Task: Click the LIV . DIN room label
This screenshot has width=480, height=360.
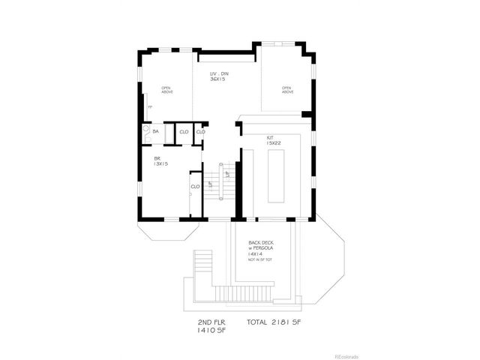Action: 219,72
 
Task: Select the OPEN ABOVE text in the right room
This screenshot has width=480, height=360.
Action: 287,89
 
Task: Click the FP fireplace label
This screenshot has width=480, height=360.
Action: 150,107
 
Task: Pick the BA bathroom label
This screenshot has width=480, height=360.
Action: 156,131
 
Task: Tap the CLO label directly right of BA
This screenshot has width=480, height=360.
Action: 183,132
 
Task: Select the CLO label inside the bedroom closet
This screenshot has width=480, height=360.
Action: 195,186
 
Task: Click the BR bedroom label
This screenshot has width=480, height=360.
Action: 158,158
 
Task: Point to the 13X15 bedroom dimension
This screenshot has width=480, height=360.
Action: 160,164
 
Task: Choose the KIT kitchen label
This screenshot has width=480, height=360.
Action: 270,137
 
